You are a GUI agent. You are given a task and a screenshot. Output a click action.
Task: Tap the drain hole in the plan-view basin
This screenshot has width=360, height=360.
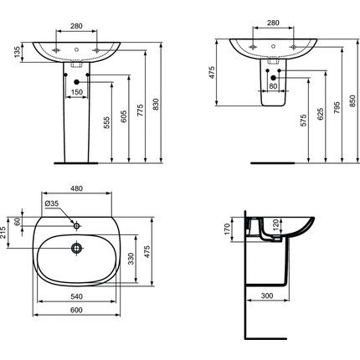click(76, 249)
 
